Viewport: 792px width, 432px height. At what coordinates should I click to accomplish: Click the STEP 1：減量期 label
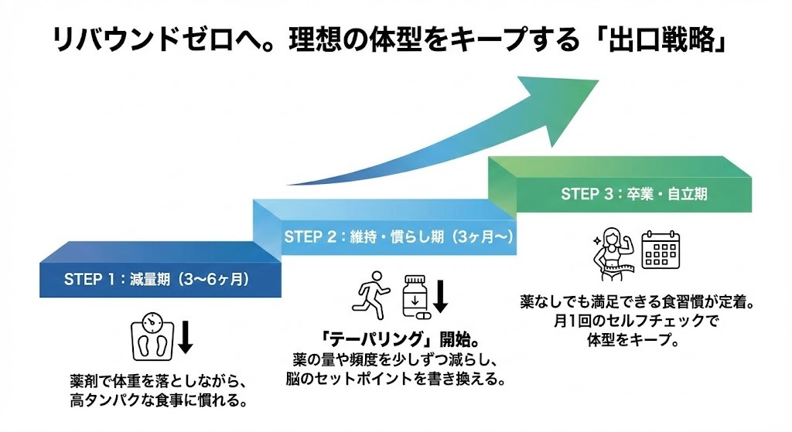coord(155,278)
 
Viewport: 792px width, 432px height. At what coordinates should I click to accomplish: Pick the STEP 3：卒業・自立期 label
coord(633,194)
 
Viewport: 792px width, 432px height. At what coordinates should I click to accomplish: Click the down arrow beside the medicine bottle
coord(440,295)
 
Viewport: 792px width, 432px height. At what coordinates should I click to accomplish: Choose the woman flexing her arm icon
coord(613,251)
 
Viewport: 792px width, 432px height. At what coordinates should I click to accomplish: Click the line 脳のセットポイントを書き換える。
coord(395,379)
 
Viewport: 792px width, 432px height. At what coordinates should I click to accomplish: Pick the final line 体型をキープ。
coord(633,341)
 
